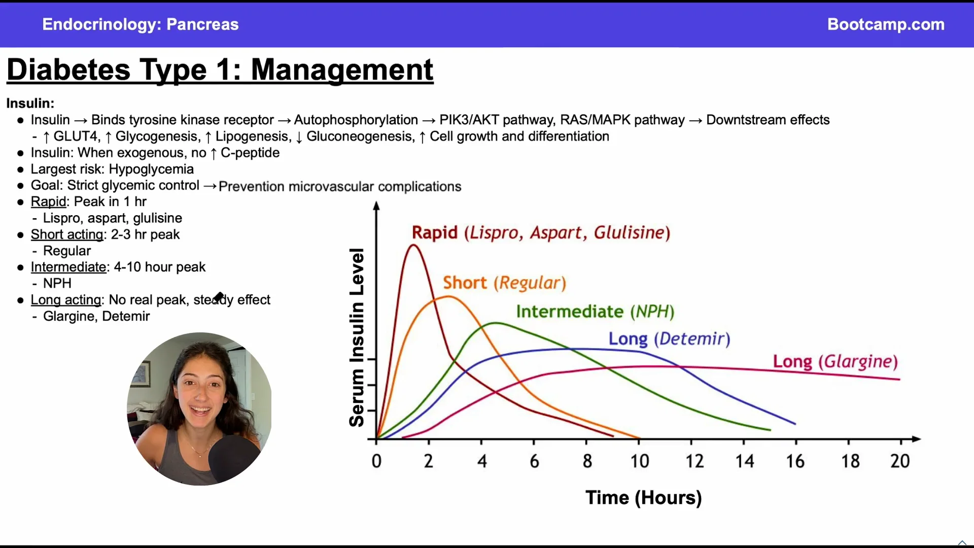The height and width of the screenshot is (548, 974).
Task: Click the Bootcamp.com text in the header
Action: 886,24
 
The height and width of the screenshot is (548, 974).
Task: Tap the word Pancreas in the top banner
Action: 202,24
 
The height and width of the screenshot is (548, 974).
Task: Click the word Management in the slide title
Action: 342,70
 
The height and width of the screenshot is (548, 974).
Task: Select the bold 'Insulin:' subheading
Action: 30,103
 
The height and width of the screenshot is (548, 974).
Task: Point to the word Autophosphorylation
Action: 356,120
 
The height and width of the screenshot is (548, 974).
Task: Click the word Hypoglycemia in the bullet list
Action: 151,169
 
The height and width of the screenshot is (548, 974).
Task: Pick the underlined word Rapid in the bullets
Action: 48,202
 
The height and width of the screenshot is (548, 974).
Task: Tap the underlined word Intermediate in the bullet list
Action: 68,267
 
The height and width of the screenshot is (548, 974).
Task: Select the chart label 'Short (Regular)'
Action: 504,283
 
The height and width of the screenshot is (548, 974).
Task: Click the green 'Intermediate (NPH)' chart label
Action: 595,311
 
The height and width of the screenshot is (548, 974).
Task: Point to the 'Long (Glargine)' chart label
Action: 835,361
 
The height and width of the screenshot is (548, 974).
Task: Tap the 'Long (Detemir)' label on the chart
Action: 669,338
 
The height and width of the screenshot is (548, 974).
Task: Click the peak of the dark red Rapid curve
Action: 413,246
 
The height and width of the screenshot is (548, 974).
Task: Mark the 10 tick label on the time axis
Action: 640,461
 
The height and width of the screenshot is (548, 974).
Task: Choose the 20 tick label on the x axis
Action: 900,461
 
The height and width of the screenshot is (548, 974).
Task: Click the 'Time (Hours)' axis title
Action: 643,498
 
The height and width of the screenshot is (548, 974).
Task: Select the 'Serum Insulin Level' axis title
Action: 357,337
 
